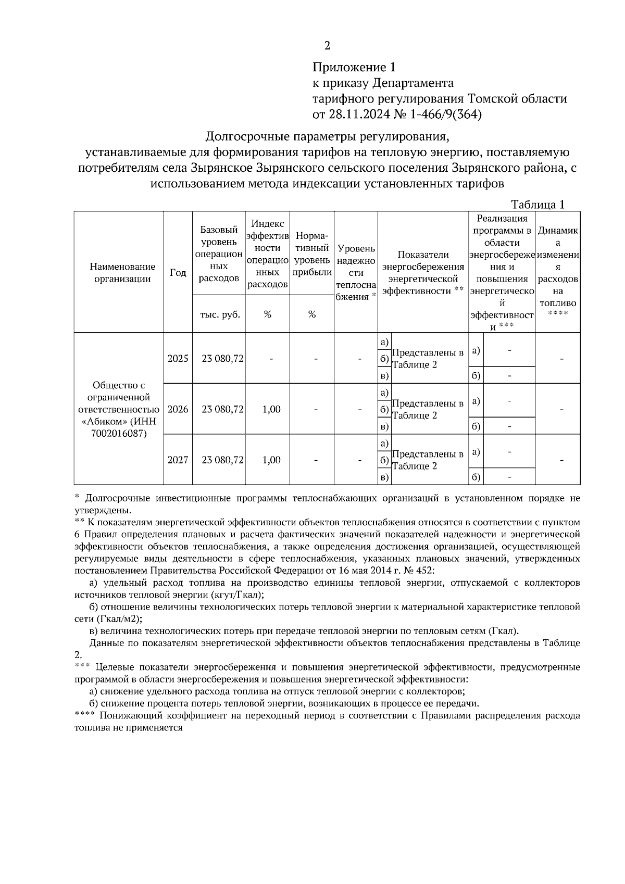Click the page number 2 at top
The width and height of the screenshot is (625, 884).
[x=327, y=46]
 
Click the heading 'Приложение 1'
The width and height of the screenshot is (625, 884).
[x=354, y=67]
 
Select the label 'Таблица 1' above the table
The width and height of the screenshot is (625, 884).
[x=537, y=205]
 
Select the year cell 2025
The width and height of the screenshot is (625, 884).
[x=178, y=359]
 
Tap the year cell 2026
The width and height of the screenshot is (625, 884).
[x=178, y=409]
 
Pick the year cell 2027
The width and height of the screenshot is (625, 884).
[x=178, y=460]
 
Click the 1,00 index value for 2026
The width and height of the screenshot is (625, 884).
[x=271, y=409]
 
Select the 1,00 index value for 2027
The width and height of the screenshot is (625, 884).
[x=271, y=460]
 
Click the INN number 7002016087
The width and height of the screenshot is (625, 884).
[x=118, y=433]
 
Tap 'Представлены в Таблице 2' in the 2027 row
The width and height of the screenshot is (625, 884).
[x=428, y=460]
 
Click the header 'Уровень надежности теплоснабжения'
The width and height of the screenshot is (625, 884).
[x=356, y=273]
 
